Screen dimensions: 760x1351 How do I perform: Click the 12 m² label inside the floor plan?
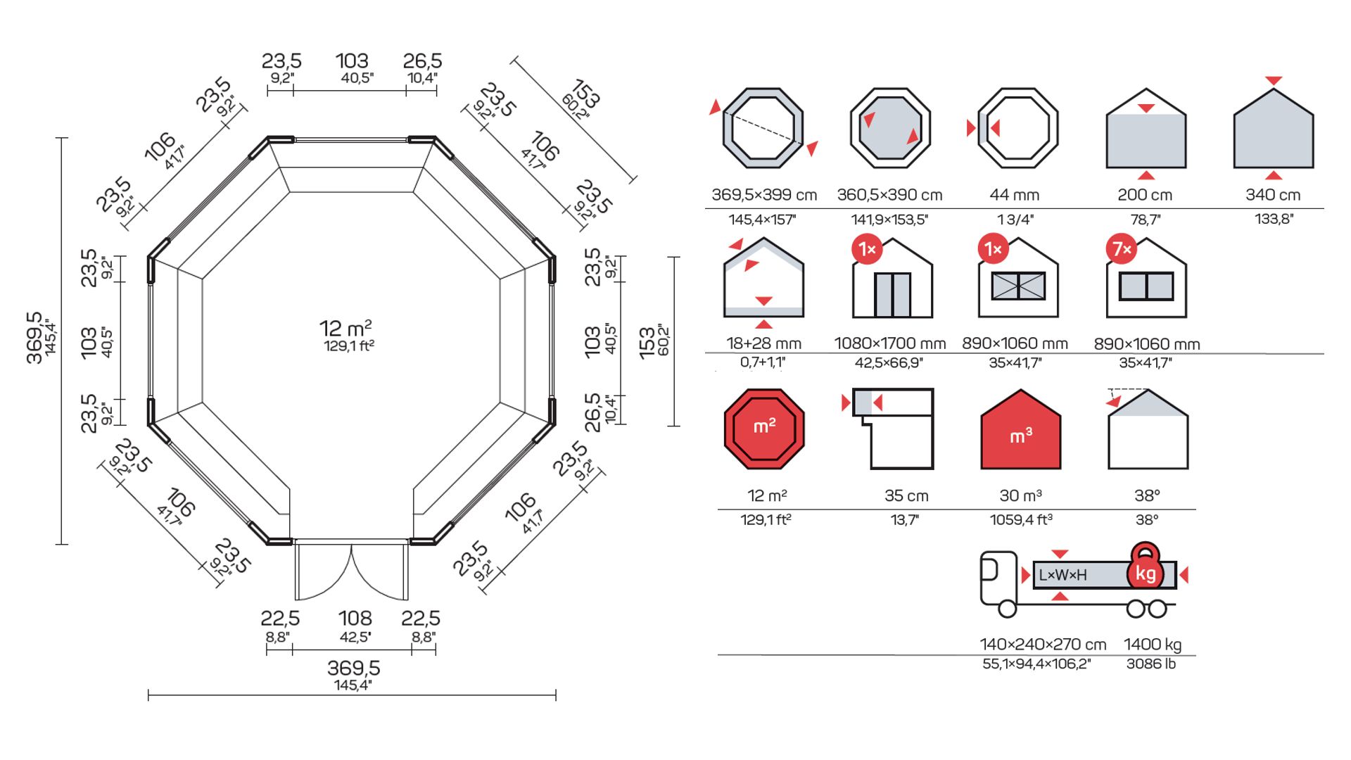[x=345, y=329]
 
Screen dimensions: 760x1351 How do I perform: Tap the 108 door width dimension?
[x=355, y=619]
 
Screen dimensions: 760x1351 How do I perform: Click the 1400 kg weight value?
[x=1152, y=645]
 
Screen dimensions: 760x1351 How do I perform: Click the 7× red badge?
[x=1121, y=249]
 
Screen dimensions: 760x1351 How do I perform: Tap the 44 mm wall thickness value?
[x=1014, y=195]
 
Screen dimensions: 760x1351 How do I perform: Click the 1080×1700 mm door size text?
[x=889, y=343]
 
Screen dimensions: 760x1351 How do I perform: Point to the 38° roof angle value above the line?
[x=1147, y=495]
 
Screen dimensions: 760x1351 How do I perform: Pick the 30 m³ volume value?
[x=1020, y=495]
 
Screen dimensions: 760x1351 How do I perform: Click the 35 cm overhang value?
[x=906, y=495]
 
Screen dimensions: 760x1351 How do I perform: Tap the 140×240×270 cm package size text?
[x=1042, y=645]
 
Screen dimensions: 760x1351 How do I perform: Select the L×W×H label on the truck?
[x=1063, y=576]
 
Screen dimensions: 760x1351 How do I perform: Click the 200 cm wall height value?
[x=1145, y=195]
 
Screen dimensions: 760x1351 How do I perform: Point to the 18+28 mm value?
[x=763, y=343]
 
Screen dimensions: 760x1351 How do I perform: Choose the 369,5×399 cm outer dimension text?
[x=764, y=195]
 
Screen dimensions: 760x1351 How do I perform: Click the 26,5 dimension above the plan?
[x=422, y=61]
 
